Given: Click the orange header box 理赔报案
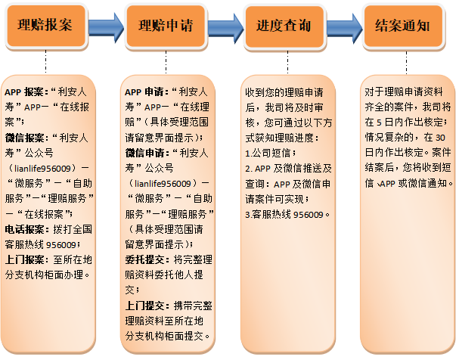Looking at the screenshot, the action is pos(46,26).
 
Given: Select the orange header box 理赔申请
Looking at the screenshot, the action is pos(166,26).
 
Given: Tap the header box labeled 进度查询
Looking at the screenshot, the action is pos(284,26).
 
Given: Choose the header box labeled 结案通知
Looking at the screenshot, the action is pos(403,26).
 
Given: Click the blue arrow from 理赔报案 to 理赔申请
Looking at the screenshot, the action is pos(106,28).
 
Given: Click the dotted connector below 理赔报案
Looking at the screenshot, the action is pos(45,61).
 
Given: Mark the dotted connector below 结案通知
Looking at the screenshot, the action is pos(406,63).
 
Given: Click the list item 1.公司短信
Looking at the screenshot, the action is pos(268,153).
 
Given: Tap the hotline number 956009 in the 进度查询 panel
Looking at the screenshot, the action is pos(309,215).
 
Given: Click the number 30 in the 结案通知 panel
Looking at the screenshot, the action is pos(440,138).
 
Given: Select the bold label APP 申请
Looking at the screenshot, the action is pos(145,92).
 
